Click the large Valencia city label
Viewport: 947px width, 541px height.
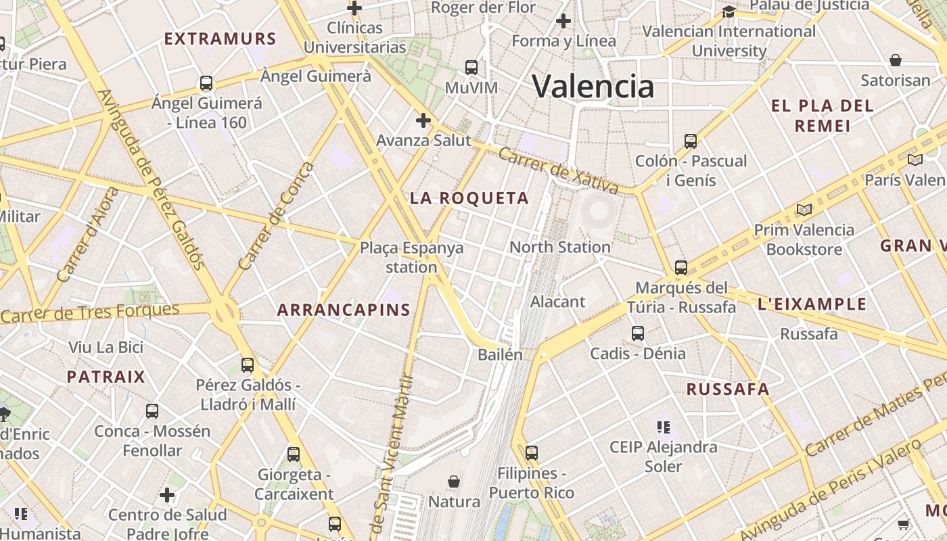[x=593, y=87]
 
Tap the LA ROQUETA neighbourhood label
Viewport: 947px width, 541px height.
[x=469, y=198]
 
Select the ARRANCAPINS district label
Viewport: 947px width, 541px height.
[x=344, y=310]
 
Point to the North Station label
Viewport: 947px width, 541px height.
[x=559, y=247]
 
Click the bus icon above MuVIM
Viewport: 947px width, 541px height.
[x=471, y=68]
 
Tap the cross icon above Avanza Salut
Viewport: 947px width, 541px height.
[x=423, y=120]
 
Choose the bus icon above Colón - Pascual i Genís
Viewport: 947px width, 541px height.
[x=690, y=141]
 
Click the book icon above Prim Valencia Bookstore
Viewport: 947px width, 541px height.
[x=804, y=210]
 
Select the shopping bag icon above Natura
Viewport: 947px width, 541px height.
[x=454, y=481]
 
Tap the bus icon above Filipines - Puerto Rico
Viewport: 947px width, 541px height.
[x=532, y=452]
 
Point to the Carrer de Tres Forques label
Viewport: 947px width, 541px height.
[x=90, y=313]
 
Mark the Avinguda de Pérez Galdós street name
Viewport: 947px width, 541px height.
[x=152, y=179]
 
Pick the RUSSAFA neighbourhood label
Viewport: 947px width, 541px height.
[x=728, y=389]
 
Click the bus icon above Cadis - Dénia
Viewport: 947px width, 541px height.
[x=638, y=333]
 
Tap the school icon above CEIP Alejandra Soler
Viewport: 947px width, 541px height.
[x=663, y=427]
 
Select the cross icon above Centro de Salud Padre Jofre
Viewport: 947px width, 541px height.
[x=167, y=495]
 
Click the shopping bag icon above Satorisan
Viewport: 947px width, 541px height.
[x=896, y=60]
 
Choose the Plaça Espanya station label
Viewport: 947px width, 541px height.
[x=411, y=257]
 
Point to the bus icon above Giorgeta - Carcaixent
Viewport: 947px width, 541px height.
[x=294, y=454]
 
